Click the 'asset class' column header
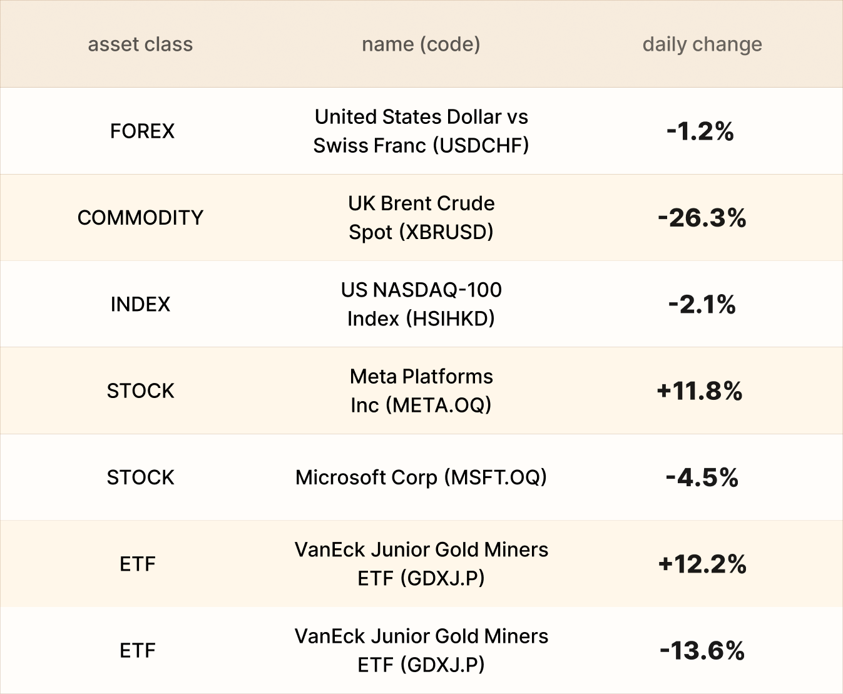pyautogui.click(x=140, y=44)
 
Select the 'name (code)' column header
pyautogui.click(x=421, y=44)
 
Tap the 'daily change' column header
pyautogui.click(x=702, y=44)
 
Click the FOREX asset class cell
pyautogui.click(x=142, y=131)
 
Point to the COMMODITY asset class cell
pyautogui.click(x=140, y=217)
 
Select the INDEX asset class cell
pyautogui.click(x=140, y=304)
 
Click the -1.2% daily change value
pyautogui.click(x=700, y=131)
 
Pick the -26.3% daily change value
pyautogui.click(x=702, y=218)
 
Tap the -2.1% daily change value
pyautogui.click(x=702, y=304)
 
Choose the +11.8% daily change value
pyautogui.click(x=700, y=391)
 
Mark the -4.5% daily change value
pyautogui.click(x=702, y=477)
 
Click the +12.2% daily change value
pyautogui.click(x=702, y=564)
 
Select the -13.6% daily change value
pyautogui.click(x=702, y=651)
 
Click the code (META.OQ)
pyautogui.click(x=438, y=405)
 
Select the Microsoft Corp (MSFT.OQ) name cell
pyautogui.click(x=421, y=477)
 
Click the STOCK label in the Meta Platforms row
pyautogui.click(x=140, y=390)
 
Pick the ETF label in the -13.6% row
pyautogui.click(x=137, y=651)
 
